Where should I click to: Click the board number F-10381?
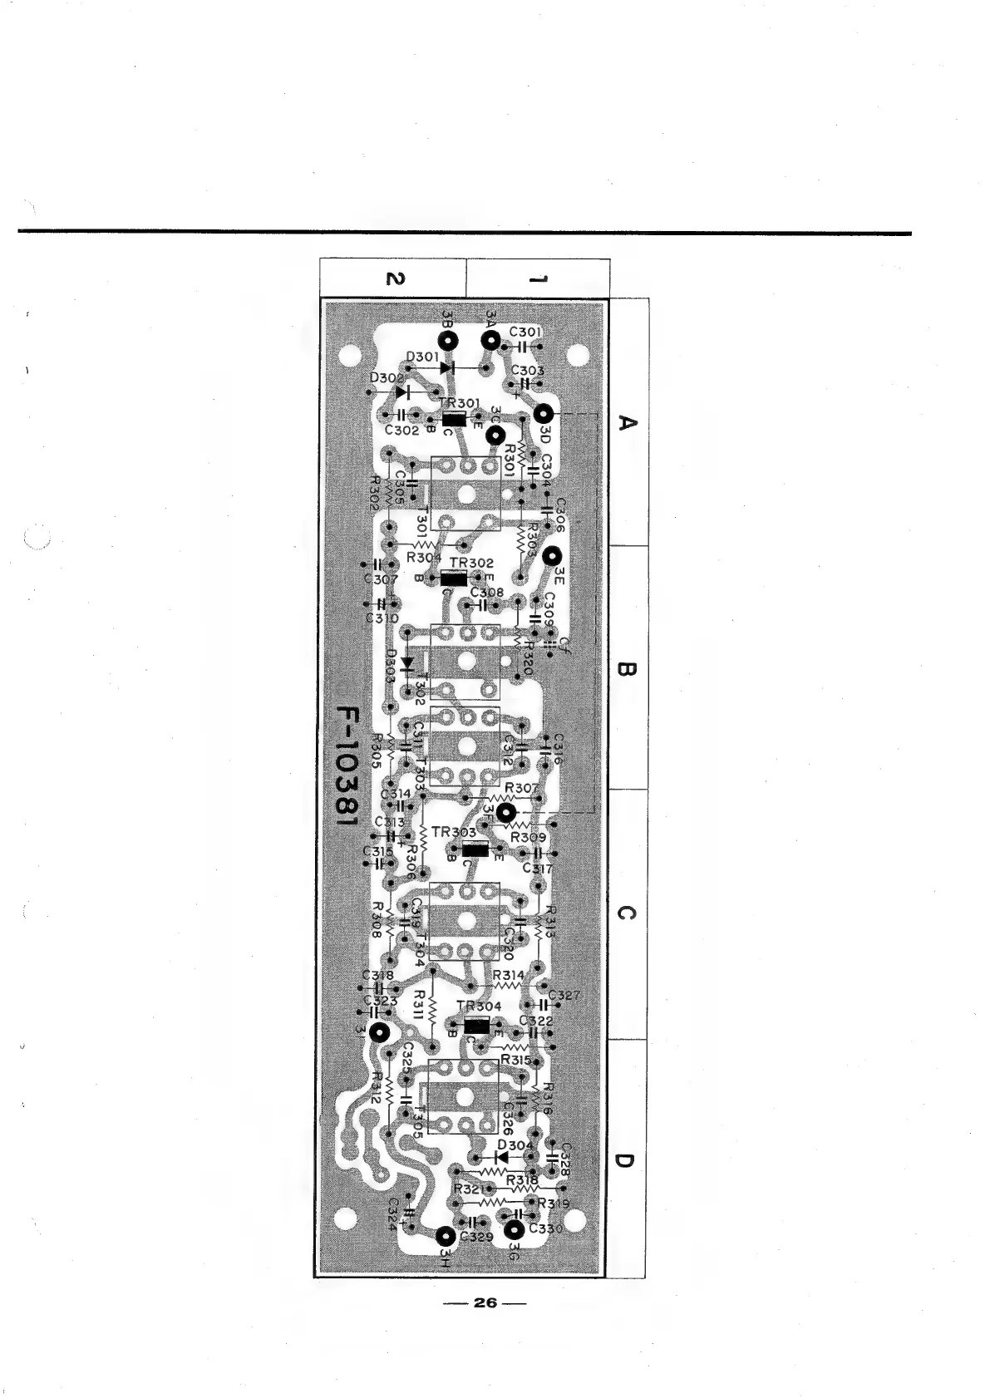coord(343,766)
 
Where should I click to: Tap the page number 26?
coord(485,1302)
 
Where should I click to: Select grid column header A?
coord(628,423)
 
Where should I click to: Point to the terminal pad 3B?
coord(450,341)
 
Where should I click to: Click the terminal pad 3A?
coord(490,340)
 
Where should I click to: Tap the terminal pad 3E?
coord(553,557)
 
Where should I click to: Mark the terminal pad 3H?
coord(446,1235)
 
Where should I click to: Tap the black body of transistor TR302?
coord(454,578)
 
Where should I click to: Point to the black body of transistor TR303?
coord(475,849)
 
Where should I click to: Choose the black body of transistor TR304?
coord(475,1025)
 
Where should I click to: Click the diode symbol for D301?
coord(447,367)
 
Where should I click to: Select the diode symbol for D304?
coord(500,1156)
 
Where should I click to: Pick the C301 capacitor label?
coord(526,332)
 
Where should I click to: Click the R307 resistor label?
coord(522,787)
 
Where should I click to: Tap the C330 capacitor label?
coord(546,1228)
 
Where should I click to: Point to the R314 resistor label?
coord(509,975)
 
